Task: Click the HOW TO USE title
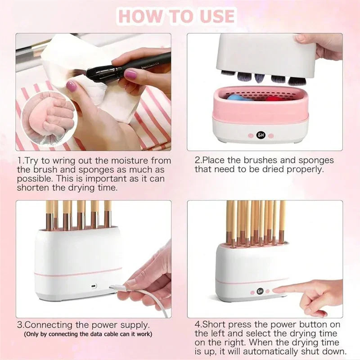[x=177, y=17]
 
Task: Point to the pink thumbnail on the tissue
[x=71, y=86]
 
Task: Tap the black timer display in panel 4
[x=260, y=291]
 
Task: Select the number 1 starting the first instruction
[x=19, y=160]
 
